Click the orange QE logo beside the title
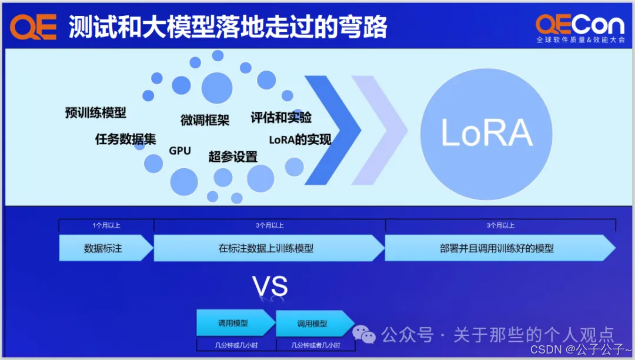[x=34, y=27]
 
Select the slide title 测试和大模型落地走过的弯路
[x=228, y=27]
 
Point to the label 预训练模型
[x=95, y=112]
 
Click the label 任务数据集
[x=126, y=139]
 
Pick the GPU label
[x=180, y=151]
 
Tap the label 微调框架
[x=205, y=120]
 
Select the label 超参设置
[x=233, y=156]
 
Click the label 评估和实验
[x=281, y=118]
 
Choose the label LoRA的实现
[x=300, y=140]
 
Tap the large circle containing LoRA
[x=486, y=133]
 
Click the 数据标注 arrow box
[x=105, y=248]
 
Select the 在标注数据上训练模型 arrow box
[x=268, y=248]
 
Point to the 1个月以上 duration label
[x=106, y=225]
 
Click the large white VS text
[x=270, y=286]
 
